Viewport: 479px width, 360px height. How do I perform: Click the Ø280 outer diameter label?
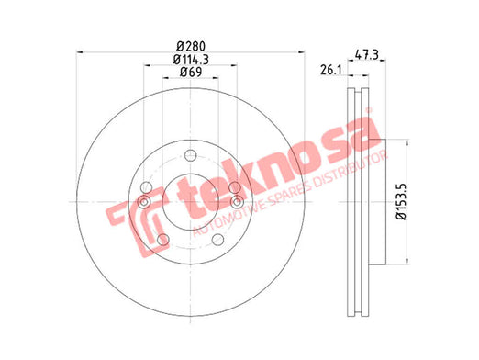coord(191,47)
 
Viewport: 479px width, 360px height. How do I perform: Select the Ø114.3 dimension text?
coord(191,60)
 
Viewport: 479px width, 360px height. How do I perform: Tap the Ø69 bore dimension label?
coord(191,72)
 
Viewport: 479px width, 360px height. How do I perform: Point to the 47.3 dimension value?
coord(367,55)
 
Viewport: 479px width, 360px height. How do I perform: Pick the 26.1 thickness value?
coord(330,70)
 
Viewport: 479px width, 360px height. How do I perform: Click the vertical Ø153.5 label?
coord(401,201)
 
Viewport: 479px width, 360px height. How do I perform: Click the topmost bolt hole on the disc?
coord(190,155)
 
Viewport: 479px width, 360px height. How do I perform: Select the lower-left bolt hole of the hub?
coord(163,240)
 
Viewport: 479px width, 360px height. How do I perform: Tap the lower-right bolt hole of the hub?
coord(217,240)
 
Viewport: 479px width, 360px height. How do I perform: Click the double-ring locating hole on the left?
coord(144,202)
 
